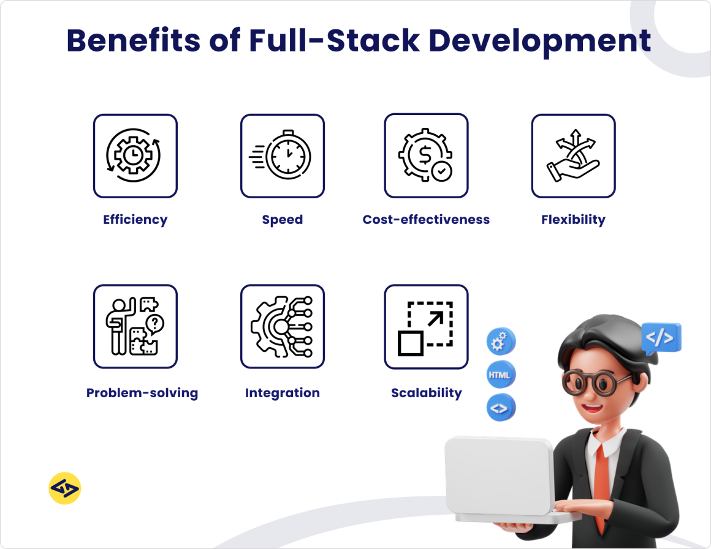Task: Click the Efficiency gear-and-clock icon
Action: tap(135, 156)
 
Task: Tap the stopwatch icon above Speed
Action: tap(282, 156)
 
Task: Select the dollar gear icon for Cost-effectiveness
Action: tap(426, 156)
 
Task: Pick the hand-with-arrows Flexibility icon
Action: tap(573, 156)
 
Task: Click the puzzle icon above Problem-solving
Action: tap(135, 327)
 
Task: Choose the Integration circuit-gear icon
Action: tap(282, 327)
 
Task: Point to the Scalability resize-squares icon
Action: tap(426, 327)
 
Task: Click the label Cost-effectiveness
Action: tap(426, 220)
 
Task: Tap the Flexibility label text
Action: tap(573, 220)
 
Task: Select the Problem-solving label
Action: tap(142, 393)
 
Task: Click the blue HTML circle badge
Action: tap(501, 375)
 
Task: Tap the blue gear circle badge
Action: tap(501, 342)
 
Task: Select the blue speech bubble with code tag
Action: tap(661, 338)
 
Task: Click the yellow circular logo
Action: tap(64, 488)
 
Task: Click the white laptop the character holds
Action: tap(500, 477)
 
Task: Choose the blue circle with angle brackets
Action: tap(501, 408)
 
